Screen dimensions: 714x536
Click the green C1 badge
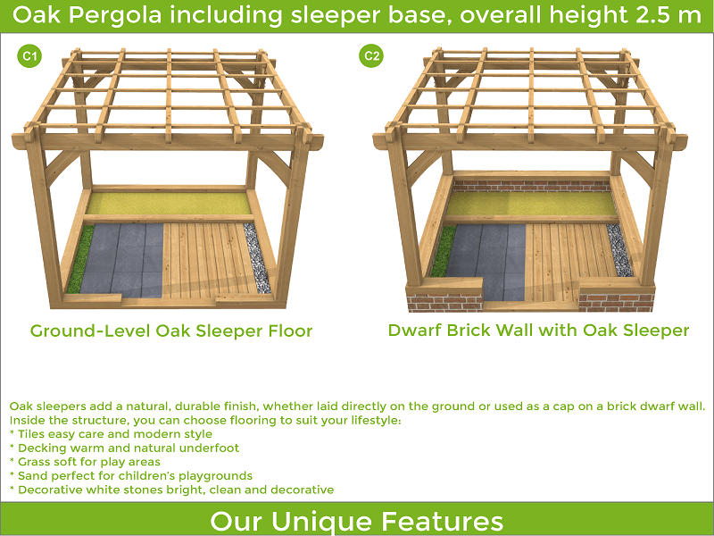[29, 56]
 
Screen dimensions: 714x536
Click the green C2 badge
[371, 55]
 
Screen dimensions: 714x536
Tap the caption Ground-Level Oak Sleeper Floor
[171, 331]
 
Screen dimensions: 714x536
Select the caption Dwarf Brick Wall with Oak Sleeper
[538, 330]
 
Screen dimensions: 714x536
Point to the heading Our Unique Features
[356, 521]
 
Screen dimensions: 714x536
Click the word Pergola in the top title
[115, 15]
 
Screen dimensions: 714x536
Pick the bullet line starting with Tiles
[111, 434]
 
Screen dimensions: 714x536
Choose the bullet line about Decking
[124, 448]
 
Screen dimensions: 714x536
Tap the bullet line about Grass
[85, 462]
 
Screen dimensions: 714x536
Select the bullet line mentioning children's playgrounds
[130, 476]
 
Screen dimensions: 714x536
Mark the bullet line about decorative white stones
[171, 490]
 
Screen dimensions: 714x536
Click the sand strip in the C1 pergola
[169, 204]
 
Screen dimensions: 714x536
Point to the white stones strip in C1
[257, 257]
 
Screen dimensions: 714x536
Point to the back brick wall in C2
[532, 186]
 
